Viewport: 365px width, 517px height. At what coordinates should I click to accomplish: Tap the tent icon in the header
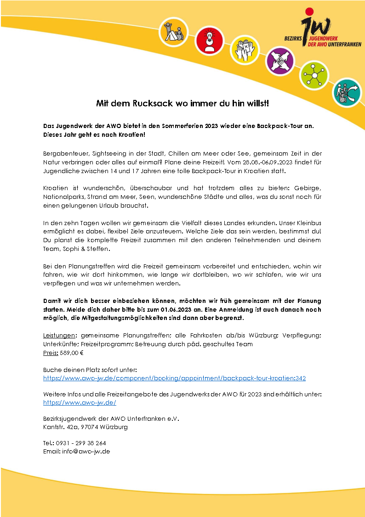[x=173, y=31]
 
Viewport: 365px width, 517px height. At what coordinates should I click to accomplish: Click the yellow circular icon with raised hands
[x=245, y=49]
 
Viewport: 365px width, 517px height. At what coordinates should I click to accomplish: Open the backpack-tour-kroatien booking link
[x=174, y=378]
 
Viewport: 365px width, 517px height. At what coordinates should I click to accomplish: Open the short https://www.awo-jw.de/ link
[x=79, y=402]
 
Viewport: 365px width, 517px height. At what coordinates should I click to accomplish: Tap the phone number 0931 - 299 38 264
[x=81, y=443]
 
